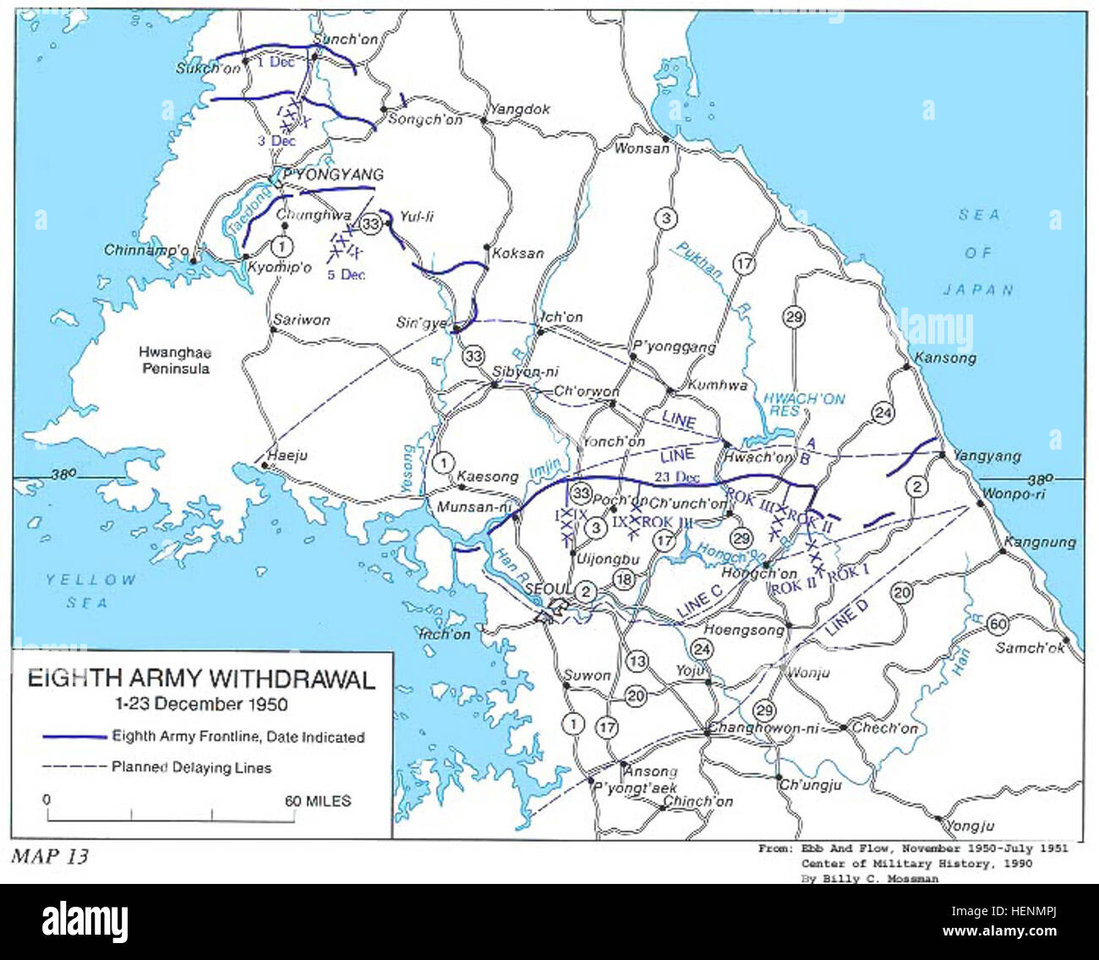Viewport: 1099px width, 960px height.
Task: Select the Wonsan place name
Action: tap(641, 149)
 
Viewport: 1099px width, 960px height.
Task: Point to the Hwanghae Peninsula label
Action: tap(176, 361)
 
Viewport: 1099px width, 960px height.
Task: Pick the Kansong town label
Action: tap(945, 358)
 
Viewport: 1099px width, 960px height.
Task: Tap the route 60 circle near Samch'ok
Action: tap(998, 625)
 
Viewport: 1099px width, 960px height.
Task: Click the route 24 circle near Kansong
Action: tap(883, 412)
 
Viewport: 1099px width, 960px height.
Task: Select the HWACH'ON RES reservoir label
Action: tap(803, 404)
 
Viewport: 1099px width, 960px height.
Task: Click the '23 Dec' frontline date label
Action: tap(676, 477)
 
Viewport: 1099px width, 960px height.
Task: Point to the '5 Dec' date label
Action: tap(346, 275)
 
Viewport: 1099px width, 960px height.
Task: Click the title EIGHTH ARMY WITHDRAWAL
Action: tap(201, 679)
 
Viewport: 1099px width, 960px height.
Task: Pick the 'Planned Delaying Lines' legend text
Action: tap(192, 767)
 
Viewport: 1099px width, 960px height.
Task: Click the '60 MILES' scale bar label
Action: tap(317, 800)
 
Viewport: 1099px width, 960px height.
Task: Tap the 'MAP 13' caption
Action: tap(49, 856)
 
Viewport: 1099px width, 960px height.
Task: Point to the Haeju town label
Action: tap(287, 455)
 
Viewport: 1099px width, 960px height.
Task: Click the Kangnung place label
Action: tap(1040, 543)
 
